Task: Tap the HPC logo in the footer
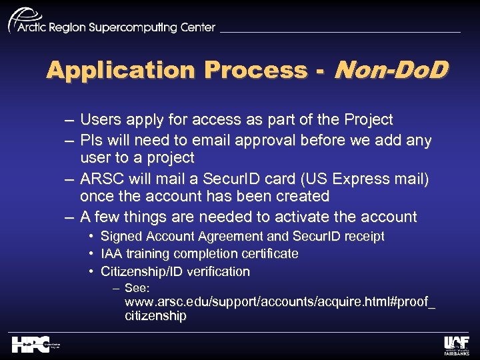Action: click(37, 345)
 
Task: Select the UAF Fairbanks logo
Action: click(457, 345)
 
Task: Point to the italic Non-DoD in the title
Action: click(390, 69)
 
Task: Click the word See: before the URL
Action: click(137, 289)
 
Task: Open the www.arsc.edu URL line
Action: click(280, 303)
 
